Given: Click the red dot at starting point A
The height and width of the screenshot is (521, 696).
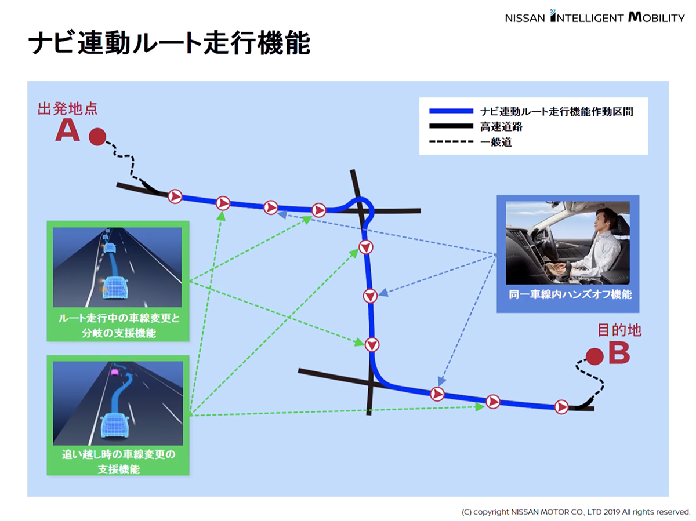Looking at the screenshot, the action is [97, 137].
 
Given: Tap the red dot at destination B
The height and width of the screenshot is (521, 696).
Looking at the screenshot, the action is [594, 356].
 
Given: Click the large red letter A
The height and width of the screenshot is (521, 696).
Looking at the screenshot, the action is [67, 132].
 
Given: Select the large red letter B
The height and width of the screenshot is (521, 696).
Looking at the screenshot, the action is [619, 354].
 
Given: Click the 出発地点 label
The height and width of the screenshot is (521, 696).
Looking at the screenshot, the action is [67, 108].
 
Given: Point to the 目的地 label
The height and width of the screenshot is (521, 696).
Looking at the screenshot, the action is [619, 330].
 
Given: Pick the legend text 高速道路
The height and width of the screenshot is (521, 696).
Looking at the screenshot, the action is [497, 126].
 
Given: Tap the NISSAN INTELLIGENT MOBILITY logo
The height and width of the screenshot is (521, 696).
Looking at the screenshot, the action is [594, 17].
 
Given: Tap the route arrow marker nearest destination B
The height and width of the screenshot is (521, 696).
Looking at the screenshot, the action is [561, 407].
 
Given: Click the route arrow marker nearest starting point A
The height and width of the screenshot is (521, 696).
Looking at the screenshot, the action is [175, 196].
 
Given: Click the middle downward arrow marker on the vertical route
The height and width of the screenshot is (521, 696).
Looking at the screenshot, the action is [370, 296].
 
